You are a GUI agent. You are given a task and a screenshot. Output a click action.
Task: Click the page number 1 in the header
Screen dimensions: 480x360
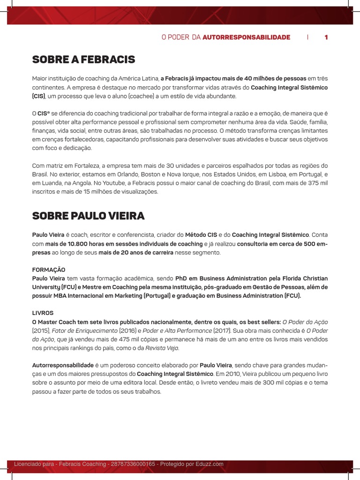coord(326,37)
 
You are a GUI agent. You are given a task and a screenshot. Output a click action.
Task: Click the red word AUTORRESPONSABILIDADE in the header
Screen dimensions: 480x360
coord(247,37)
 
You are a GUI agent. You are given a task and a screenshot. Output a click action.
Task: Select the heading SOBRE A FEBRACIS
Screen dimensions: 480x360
coord(83,60)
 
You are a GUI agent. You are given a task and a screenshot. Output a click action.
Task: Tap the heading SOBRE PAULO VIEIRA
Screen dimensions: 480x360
coord(88,216)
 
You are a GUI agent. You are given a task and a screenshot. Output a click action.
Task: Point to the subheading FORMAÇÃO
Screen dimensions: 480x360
coord(49,270)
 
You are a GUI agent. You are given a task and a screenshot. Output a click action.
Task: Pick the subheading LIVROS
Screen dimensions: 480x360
coord(43,313)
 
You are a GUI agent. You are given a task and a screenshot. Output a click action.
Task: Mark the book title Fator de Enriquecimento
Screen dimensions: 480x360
coord(77,330)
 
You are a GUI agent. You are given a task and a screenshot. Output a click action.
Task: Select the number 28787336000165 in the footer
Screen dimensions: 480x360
coord(133,464)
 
